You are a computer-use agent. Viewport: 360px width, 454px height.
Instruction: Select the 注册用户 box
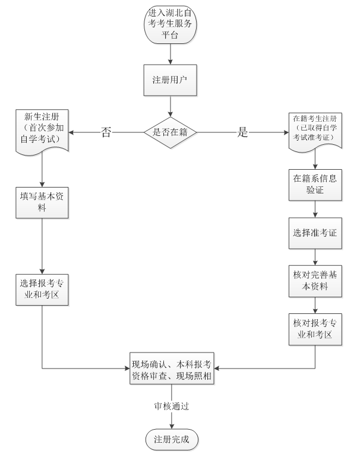click(x=170, y=79)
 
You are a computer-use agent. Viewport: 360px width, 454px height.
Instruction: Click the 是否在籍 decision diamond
click(x=170, y=132)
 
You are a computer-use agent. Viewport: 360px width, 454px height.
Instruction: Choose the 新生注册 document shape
click(x=42, y=130)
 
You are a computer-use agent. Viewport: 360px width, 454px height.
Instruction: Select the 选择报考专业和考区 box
click(x=42, y=290)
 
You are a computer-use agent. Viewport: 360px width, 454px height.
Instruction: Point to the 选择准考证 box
click(x=315, y=233)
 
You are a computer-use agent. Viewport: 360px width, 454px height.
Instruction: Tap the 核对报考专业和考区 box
click(x=315, y=329)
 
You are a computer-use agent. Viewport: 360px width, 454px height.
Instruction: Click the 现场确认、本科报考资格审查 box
click(x=171, y=368)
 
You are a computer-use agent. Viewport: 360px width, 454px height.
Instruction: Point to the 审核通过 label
click(x=171, y=407)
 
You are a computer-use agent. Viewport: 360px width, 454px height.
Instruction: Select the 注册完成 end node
click(x=171, y=439)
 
